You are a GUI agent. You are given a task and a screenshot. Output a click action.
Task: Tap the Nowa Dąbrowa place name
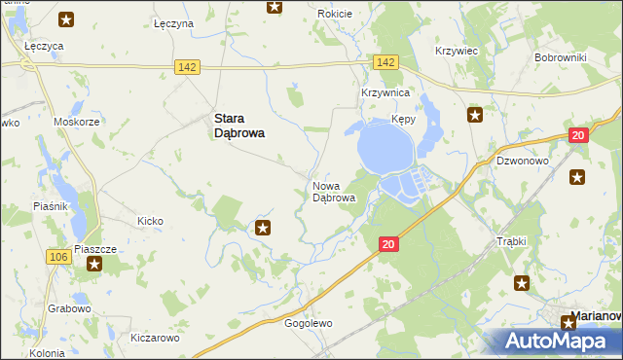click(x=333, y=192)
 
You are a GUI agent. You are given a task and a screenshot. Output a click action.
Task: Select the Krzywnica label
click(x=385, y=92)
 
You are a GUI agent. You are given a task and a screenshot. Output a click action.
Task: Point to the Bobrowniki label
click(x=559, y=57)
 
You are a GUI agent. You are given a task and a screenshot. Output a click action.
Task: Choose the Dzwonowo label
click(x=523, y=161)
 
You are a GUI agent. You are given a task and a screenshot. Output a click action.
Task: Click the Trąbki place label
click(x=511, y=241)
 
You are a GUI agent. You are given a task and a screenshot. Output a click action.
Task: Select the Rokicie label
click(x=335, y=15)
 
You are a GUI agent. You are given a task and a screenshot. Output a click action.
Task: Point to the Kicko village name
click(x=150, y=221)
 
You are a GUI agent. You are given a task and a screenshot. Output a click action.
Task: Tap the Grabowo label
click(x=68, y=308)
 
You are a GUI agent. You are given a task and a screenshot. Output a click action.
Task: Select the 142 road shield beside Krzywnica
click(x=385, y=62)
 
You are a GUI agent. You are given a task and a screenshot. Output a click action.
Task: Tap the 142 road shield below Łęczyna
click(x=188, y=66)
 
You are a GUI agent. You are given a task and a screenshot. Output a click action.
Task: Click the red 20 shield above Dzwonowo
click(x=578, y=136)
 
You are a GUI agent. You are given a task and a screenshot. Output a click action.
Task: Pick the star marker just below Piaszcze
click(x=94, y=264)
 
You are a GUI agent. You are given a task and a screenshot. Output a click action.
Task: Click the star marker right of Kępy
click(x=475, y=116)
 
